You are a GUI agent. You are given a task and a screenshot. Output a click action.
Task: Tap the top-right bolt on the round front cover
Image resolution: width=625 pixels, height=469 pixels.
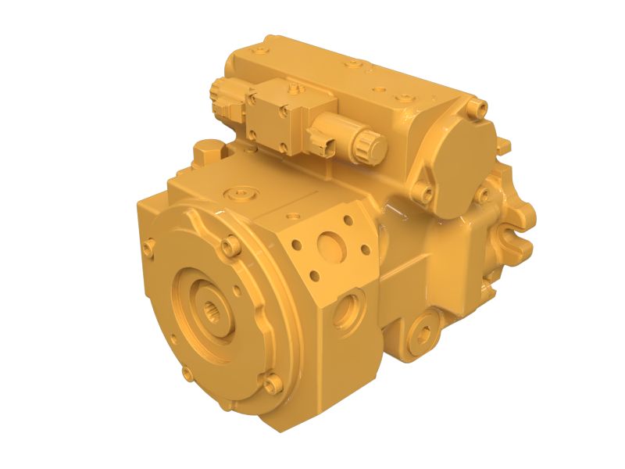pyautogui.click(x=228, y=247)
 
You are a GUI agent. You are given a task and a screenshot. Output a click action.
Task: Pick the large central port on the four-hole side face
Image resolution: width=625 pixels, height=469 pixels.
pyautogui.click(x=332, y=249)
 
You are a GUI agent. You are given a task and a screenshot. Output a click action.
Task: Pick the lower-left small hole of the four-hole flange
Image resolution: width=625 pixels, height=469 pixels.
pyautogui.click(x=312, y=276)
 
